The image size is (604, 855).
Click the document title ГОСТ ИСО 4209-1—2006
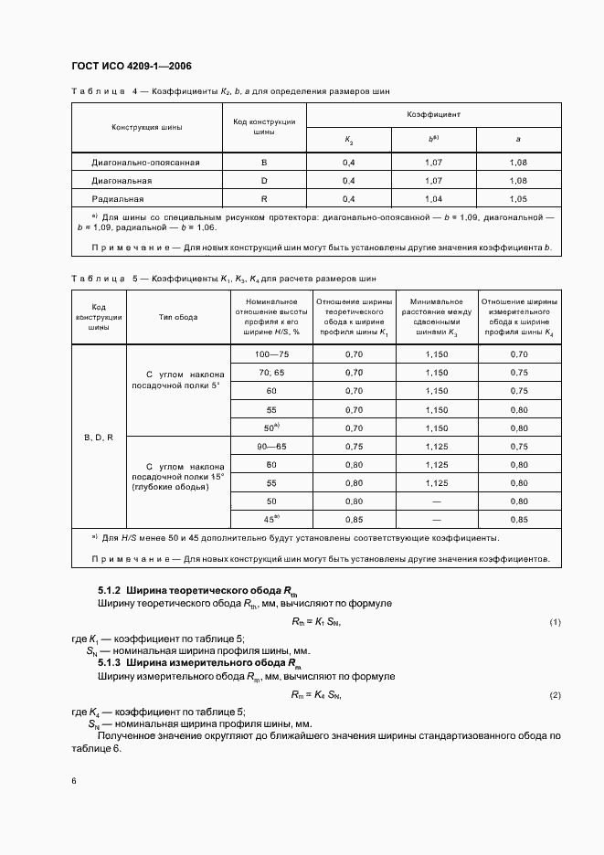131,67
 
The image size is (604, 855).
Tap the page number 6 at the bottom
74,780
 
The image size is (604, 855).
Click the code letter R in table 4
264,197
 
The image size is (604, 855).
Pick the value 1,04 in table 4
434,197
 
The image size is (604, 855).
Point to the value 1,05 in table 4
519,197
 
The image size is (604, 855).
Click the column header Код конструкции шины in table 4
264,126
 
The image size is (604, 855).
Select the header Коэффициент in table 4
433,115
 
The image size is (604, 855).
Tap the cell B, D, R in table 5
98,438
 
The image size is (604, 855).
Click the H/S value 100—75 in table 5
271,354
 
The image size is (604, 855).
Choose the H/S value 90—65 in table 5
271,446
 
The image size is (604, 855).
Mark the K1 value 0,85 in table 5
354,520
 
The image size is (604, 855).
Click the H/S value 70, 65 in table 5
271,373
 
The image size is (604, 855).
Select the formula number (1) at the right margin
554,622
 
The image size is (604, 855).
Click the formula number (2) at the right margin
554,695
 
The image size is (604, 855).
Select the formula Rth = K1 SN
316,622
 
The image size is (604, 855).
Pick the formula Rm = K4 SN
316,695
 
